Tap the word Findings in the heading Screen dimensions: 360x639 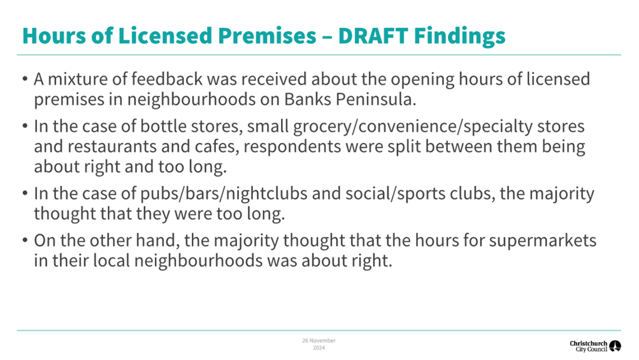click(x=465, y=35)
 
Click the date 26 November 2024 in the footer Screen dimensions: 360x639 click(x=319, y=344)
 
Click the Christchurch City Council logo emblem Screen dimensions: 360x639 click(x=615, y=346)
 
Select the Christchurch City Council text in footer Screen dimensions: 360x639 click(x=588, y=346)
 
